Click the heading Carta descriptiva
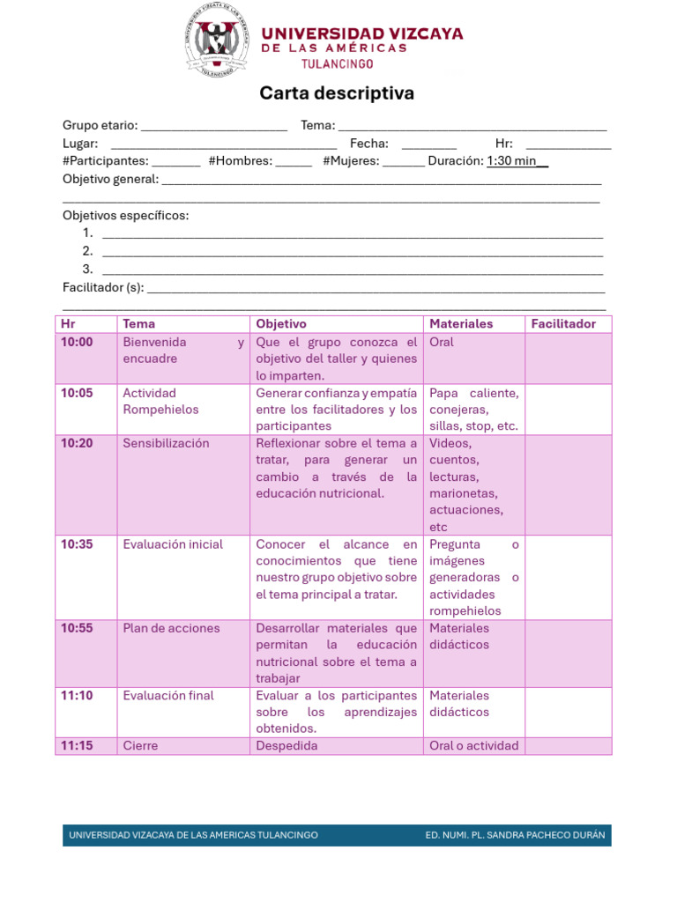(337, 93)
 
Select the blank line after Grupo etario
(214, 126)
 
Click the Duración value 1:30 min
(517, 161)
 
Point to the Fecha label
(368, 144)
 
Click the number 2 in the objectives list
(87, 251)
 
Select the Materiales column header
(461, 324)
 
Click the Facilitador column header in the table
(563, 324)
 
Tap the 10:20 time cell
(77, 443)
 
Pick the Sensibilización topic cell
(166, 443)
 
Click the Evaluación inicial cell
(173, 544)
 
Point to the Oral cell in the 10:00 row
(442, 342)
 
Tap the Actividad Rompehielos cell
(161, 402)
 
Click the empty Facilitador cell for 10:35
(568, 577)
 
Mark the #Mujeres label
(351, 161)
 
